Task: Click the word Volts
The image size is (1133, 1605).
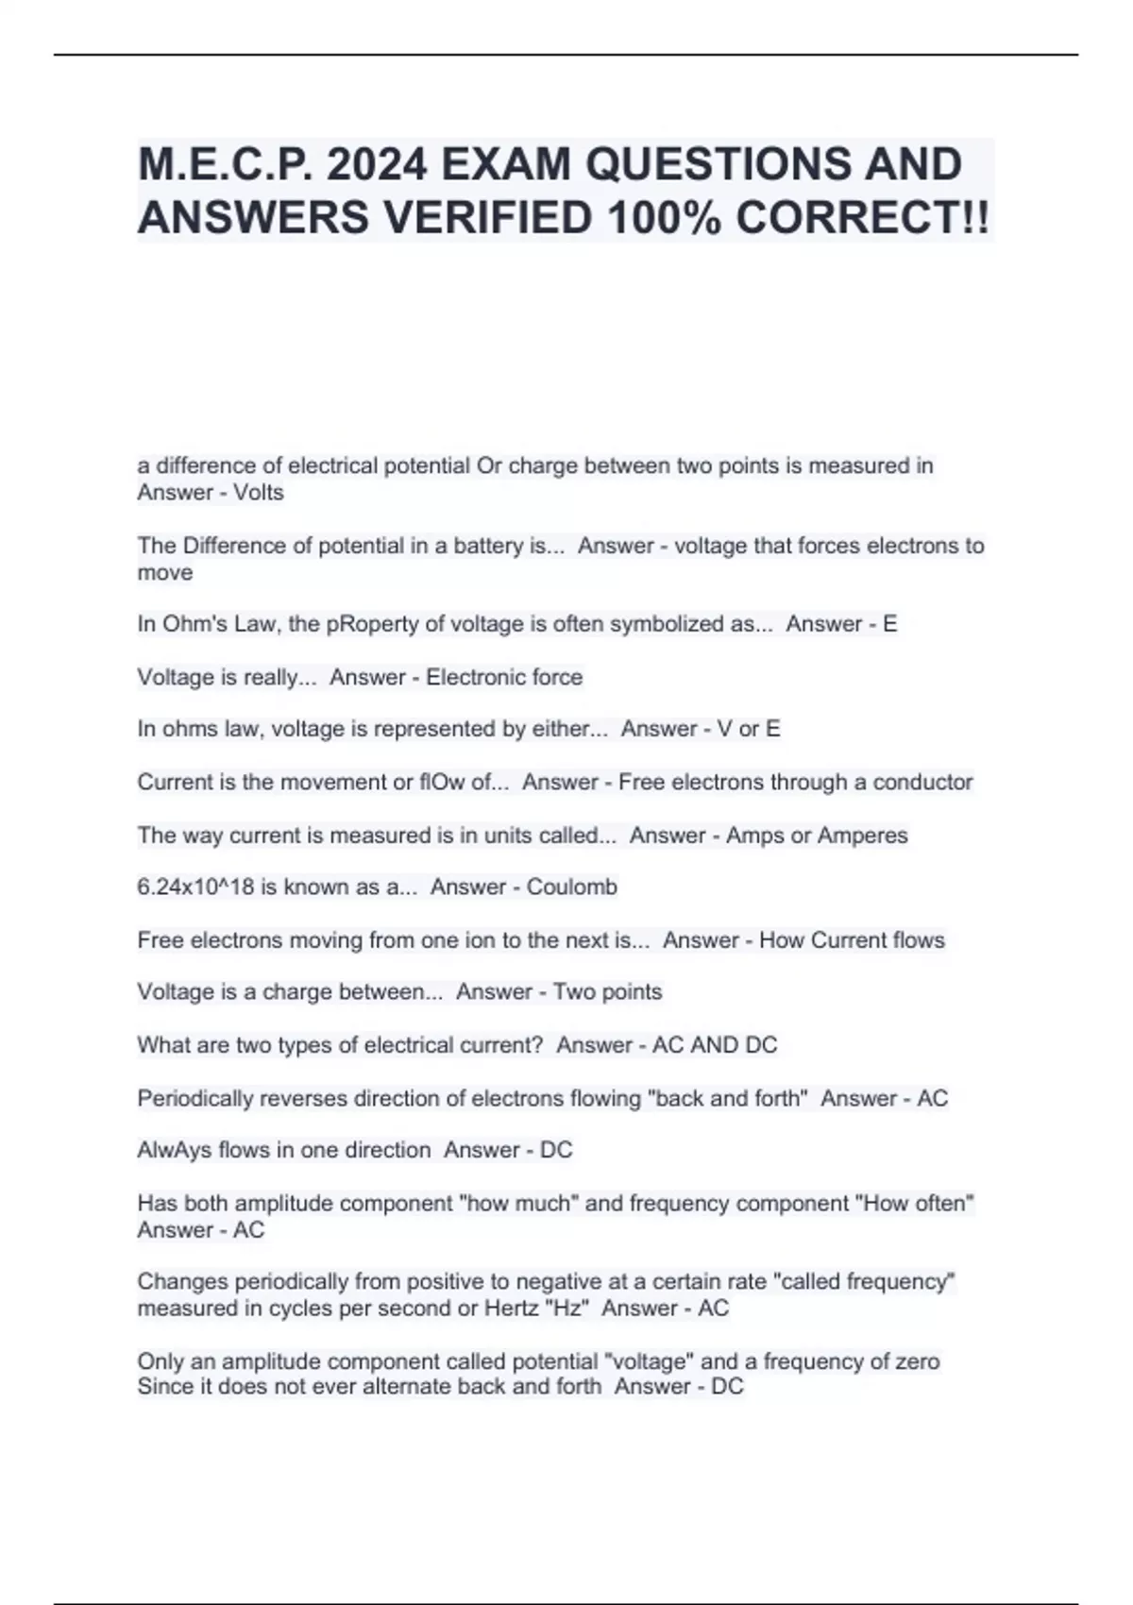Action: (259, 493)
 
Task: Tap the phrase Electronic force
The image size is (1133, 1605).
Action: (504, 677)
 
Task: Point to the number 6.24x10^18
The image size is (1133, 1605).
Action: (195, 887)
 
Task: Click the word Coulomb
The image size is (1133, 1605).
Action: (571, 887)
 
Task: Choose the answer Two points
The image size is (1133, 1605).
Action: (607, 992)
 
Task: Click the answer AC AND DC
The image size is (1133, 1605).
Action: (715, 1045)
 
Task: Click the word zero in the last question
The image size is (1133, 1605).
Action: (915, 1361)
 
